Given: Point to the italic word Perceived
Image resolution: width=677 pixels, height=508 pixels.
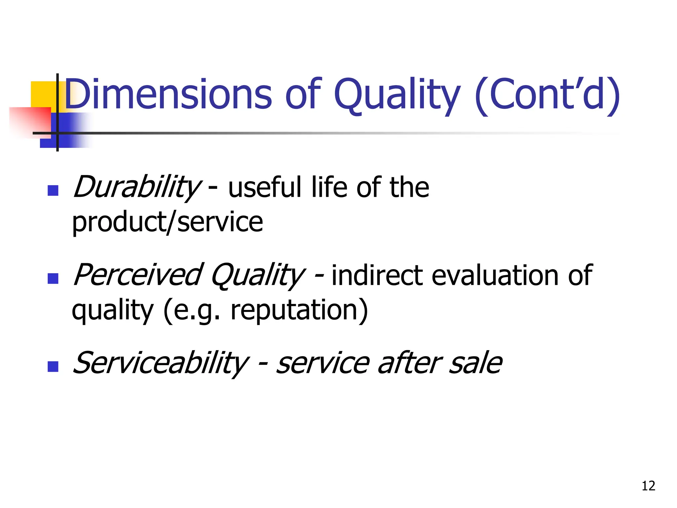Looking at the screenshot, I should point(137,275).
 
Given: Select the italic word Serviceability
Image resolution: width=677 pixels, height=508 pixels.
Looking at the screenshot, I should point(160,363).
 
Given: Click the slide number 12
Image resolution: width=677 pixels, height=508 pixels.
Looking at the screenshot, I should point(648,486).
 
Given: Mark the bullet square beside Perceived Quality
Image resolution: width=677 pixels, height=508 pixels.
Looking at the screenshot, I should point(53,278).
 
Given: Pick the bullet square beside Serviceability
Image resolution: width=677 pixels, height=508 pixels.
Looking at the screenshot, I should point(53,366).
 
